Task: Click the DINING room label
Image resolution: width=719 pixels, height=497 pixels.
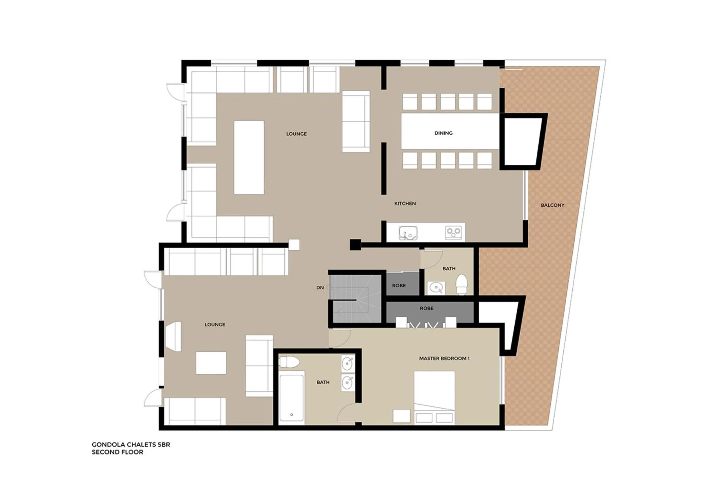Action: pyautogui.click(x=443, y=133)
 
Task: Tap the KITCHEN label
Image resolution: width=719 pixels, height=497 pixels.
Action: pyautogui.click(x=405, y=204)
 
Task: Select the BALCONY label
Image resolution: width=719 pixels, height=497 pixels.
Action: pyautogui.click(x=552, y=205)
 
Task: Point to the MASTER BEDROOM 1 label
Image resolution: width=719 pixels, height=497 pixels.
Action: pyautogui.click(x=444, y=358)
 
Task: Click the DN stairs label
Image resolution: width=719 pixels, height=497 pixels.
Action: pyautogui.click(x=320, y=288)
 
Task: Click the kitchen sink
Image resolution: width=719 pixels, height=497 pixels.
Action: pyautogui.click(x=408, y=233)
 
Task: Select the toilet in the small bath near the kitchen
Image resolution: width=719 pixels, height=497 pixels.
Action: pyautogui.click(x=461, y=284)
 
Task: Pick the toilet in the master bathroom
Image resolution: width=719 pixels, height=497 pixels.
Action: pyautogui.click(x=289, y=362)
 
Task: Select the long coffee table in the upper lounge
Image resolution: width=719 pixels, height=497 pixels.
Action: pyautogui.click(x=249, y=157)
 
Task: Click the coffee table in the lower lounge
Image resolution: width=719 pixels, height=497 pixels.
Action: pyautogui.click(x=211, y=363)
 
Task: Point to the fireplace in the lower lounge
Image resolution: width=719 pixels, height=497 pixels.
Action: pyautogui.click(x=174, y=336)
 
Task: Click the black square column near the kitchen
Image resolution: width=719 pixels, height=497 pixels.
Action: pyautogui.click(x=355, y=245)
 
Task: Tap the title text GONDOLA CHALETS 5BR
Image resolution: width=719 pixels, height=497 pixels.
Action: pyautogui.click(x=131, y=445)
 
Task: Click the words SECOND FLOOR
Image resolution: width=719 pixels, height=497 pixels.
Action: pyautogui.click(x=118, y=452)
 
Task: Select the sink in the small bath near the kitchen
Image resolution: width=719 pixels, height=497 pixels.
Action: pyautogui.click(x=436, y=288)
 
